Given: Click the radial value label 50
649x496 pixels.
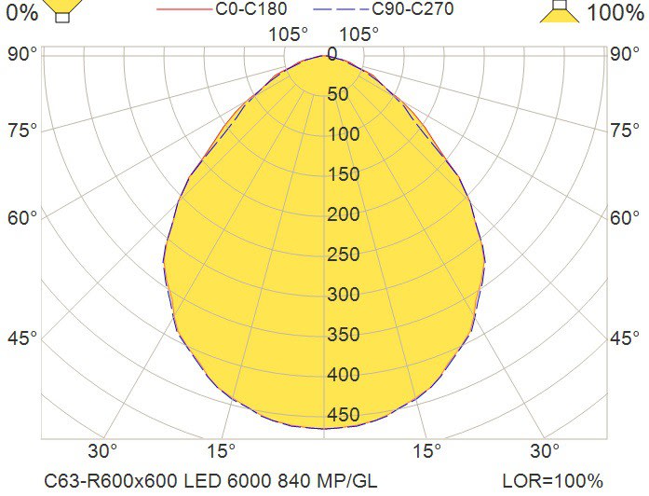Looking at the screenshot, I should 337,94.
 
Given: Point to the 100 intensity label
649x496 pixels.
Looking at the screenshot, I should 343,134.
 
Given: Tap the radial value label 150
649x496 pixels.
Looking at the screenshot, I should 343,174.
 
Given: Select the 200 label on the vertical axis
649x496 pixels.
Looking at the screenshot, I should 343,214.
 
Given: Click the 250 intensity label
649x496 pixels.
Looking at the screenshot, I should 343,255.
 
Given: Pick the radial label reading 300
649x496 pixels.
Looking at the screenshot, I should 343,295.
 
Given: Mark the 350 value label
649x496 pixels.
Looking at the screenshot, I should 343,335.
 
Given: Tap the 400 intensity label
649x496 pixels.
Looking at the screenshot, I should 343,375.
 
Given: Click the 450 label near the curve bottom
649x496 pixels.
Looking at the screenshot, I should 343,415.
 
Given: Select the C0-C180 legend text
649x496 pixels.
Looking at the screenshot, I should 251,9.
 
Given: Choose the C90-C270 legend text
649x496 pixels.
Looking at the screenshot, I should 412,9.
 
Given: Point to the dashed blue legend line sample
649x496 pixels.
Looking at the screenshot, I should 341,10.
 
